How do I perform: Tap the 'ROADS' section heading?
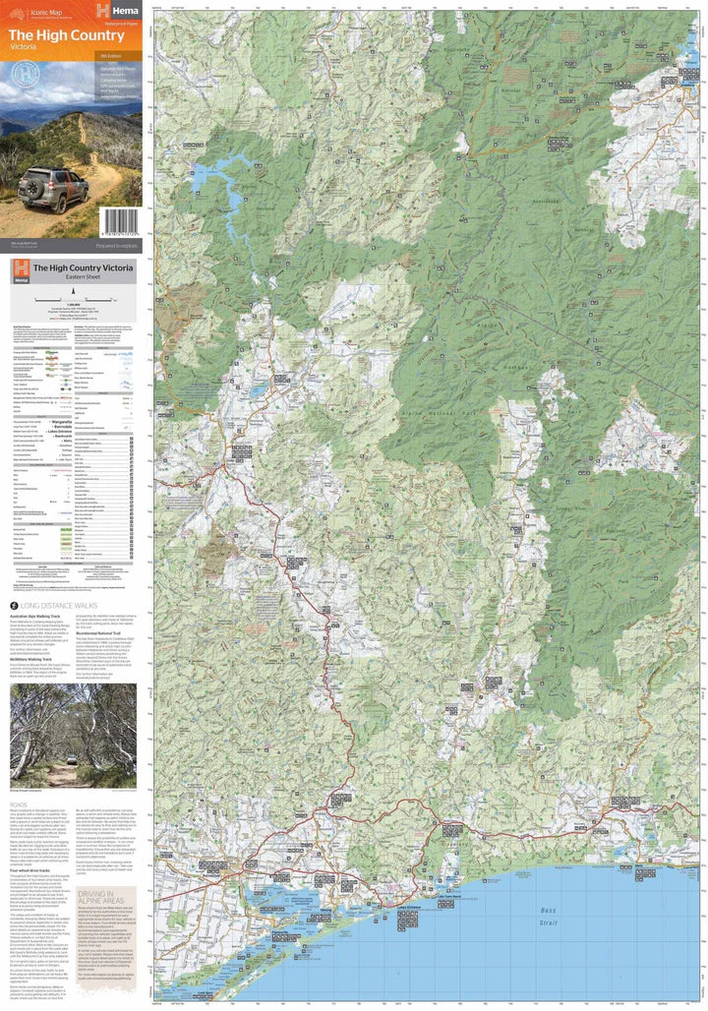click(x=21, y=803)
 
